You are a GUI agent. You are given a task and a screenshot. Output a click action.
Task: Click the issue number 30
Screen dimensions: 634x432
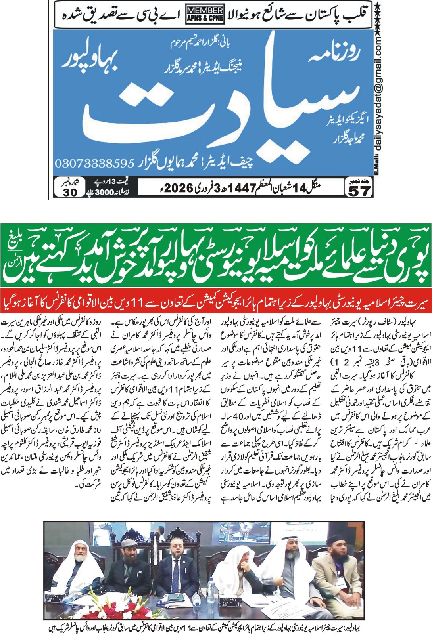pos(70,192)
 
